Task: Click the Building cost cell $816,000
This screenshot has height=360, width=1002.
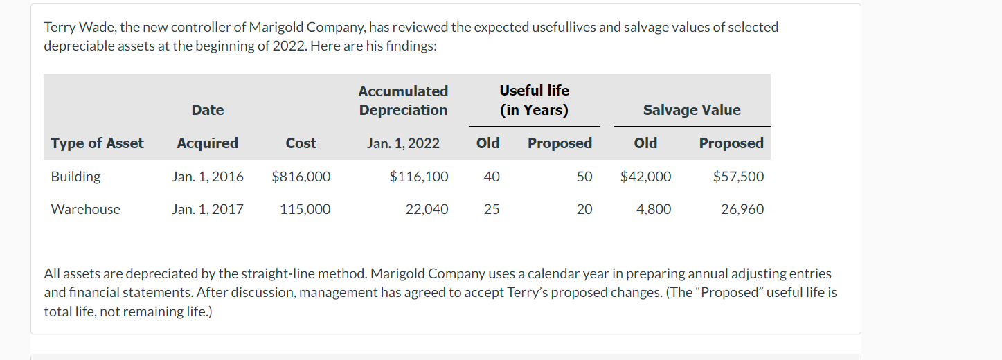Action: coord(301,177)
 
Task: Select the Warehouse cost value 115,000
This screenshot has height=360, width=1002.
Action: coord(305,209)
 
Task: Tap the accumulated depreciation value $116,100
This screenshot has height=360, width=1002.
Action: coord(419,177)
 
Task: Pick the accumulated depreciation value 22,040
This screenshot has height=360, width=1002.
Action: coord(427,209)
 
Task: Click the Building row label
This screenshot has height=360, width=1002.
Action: coord(75,177)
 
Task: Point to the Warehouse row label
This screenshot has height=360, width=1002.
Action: coord(85,209)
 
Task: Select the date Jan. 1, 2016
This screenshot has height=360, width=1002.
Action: coord(208,177)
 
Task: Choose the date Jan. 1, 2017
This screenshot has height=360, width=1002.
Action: coord(208,209)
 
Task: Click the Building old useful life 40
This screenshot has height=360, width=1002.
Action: coord(491,177)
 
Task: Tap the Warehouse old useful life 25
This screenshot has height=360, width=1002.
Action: coord(491,209)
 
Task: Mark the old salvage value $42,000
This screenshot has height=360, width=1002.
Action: coord(645,177)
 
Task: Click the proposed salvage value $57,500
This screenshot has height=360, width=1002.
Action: coord(738,177)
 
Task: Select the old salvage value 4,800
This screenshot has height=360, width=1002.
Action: coord(654,209)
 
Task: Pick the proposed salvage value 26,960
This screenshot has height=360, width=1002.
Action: coord(742,209)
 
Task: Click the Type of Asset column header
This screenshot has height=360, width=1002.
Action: coord(97,143)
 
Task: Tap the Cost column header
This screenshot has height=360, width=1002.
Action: coord(301,143)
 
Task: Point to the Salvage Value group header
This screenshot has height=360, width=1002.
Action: coord(691,110)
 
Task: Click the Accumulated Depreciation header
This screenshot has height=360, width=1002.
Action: coord(403,100)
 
